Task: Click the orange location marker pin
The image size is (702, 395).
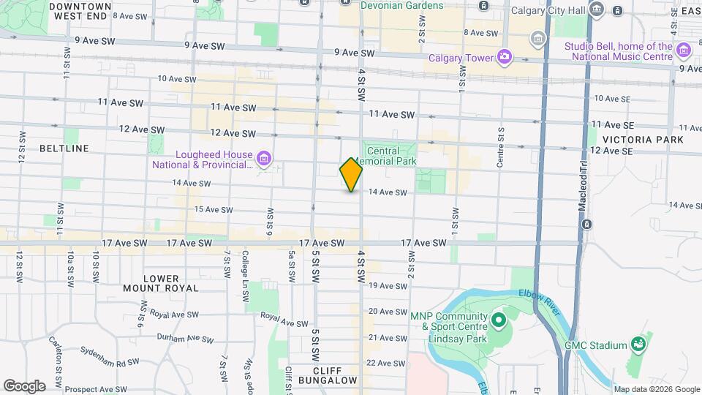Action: pos(351,174)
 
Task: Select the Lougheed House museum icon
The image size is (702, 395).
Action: pos(264,157)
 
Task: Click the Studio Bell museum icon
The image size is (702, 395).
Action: pos(683,50)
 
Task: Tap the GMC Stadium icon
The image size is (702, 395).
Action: pos(638,345)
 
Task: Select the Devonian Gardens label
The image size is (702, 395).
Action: pos(402,6)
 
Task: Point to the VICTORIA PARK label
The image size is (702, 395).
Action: pos(643,139)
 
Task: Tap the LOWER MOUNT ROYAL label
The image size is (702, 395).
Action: pos(161,283)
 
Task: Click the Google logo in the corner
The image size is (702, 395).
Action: pos(24,385)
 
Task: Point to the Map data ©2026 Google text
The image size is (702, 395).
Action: pos(656,389)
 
